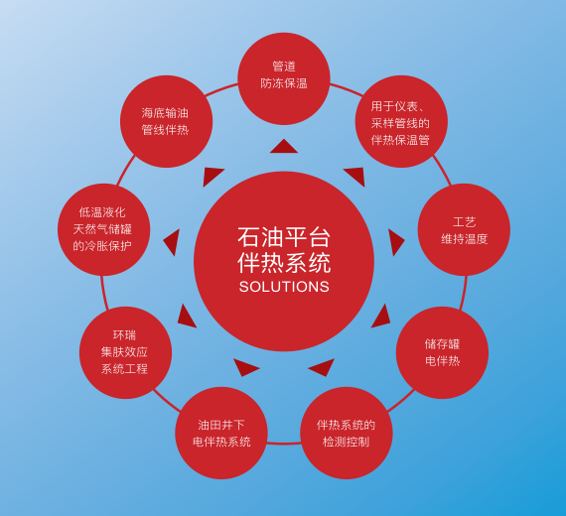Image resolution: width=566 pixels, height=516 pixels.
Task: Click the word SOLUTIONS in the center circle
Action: pyautogui.click(x=284, y=287)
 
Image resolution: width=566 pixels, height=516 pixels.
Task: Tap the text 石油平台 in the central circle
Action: pyautogui.click(x=284, y=237)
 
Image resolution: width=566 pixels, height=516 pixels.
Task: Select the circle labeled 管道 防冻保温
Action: pyautogui.click(x=284, y=78)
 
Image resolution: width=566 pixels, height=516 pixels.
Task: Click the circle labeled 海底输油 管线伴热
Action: pyautogui.click(x=166, y=121)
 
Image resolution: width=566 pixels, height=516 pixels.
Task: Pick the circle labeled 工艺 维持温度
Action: pyautogui.click(x=464, y=229)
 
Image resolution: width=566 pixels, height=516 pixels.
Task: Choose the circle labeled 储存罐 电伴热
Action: pyautogui.click(x=442, y=352)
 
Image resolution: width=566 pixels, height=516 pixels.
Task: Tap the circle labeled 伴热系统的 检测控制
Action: pyautogui.click(x=347, y=433)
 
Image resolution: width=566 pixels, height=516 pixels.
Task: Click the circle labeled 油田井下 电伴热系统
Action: pyautogui.click(x=221, y=433)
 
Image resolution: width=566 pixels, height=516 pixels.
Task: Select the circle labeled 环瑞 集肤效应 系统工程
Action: pyautogui.click(x=125, y=352)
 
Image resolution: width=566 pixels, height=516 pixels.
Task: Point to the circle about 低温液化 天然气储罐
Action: pyautogui.click(x=103, y=229)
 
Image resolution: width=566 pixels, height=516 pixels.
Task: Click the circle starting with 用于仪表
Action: pyautogui.click(x=401, y=121)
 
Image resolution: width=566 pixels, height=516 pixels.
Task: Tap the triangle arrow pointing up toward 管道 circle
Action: pyautogui.click(x=284, y=148)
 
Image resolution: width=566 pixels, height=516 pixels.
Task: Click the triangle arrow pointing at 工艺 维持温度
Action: pyautogui.click(x=395, y=241)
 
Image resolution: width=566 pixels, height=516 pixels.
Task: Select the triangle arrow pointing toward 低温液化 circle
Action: pyautogui.click(x=173, y=241)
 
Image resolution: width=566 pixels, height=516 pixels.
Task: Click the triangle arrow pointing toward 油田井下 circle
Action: pyautogui.click(x=244, y=367)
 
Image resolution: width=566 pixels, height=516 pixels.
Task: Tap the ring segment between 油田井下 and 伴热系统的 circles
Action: pyautogui.click(x=284, y=443)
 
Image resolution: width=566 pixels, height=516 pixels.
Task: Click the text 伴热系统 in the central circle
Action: pyautogui.click(x=284, y=263)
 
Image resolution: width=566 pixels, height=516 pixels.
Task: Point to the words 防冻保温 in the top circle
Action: pyautogui.click(x=284, y=83)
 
